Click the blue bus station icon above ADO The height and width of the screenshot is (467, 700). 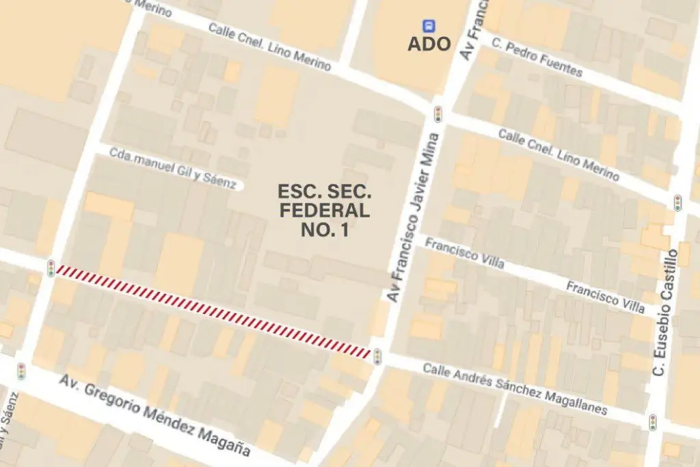[429, 26]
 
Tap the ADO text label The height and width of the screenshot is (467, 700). [429, 44]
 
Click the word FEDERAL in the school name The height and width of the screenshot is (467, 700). [324, 211]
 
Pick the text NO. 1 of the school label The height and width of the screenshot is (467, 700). [324, 230]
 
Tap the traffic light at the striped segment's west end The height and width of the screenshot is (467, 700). [51, 268]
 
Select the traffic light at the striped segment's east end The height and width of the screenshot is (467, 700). [377, 355]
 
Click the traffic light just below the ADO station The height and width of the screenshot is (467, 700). [437, 114]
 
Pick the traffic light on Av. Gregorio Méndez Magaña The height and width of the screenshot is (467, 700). [21, 371]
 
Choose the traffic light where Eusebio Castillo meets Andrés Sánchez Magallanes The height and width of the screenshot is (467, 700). [653, 422]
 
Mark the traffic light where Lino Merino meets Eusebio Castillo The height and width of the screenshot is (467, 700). [677, 202]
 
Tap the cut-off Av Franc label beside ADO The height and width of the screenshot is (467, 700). [476, 31]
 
